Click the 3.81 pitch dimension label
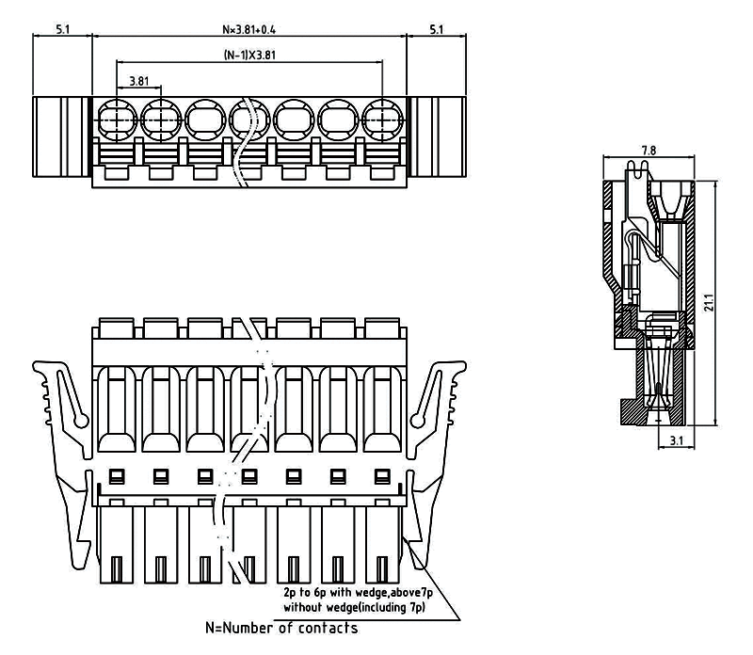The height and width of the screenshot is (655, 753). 137,81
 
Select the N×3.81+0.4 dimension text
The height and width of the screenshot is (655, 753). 248,29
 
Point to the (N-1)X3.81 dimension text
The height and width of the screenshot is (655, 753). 249,55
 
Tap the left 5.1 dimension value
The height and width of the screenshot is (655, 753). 63,29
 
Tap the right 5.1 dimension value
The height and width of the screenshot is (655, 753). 437,29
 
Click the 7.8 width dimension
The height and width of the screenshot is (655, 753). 649,151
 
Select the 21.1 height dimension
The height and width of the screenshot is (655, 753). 710,302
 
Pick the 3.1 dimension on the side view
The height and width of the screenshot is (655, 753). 676,439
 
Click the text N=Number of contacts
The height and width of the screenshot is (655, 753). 281,628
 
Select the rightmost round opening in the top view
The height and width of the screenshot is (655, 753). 382,120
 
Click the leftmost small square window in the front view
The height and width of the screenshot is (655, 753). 117,473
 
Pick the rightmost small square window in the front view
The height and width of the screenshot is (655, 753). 382,473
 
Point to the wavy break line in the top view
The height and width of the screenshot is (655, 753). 248,141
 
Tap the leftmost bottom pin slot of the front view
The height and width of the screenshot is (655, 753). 117,569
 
